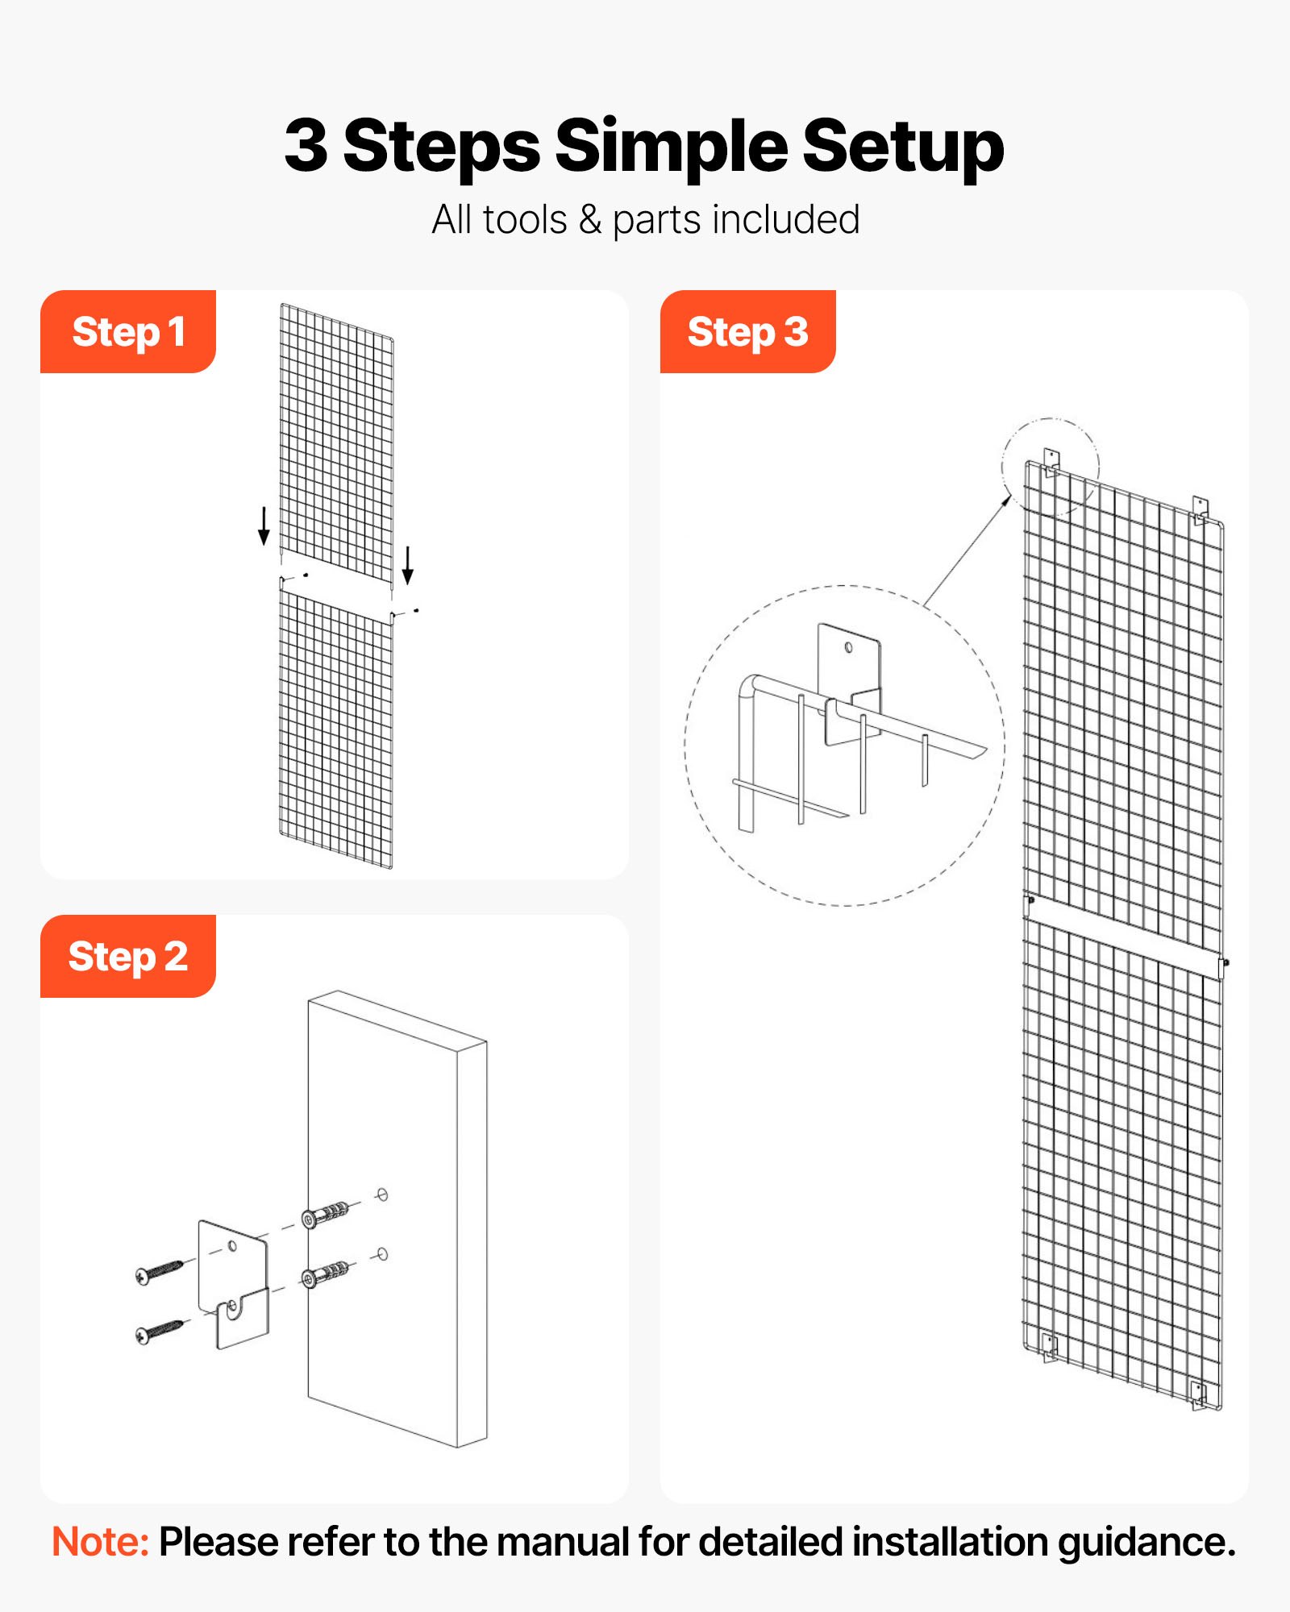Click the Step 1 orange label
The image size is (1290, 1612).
coord(128,332)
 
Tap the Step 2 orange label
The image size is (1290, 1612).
coord(128,957)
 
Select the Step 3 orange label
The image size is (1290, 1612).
coord(747,332)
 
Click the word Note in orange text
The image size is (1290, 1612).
coord(100,1542)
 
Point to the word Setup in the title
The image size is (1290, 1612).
coord(903,146)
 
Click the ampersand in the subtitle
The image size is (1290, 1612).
coord(590,220)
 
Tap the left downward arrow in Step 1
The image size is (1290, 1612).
coord(264,526)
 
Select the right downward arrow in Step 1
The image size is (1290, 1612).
coord(408,565)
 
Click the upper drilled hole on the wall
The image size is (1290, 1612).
coord(382,1194)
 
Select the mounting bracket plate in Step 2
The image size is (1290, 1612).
coord(233,1282)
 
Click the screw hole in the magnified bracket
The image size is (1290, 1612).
coord(848,648)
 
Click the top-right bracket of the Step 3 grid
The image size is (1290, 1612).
coord(1201,509)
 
